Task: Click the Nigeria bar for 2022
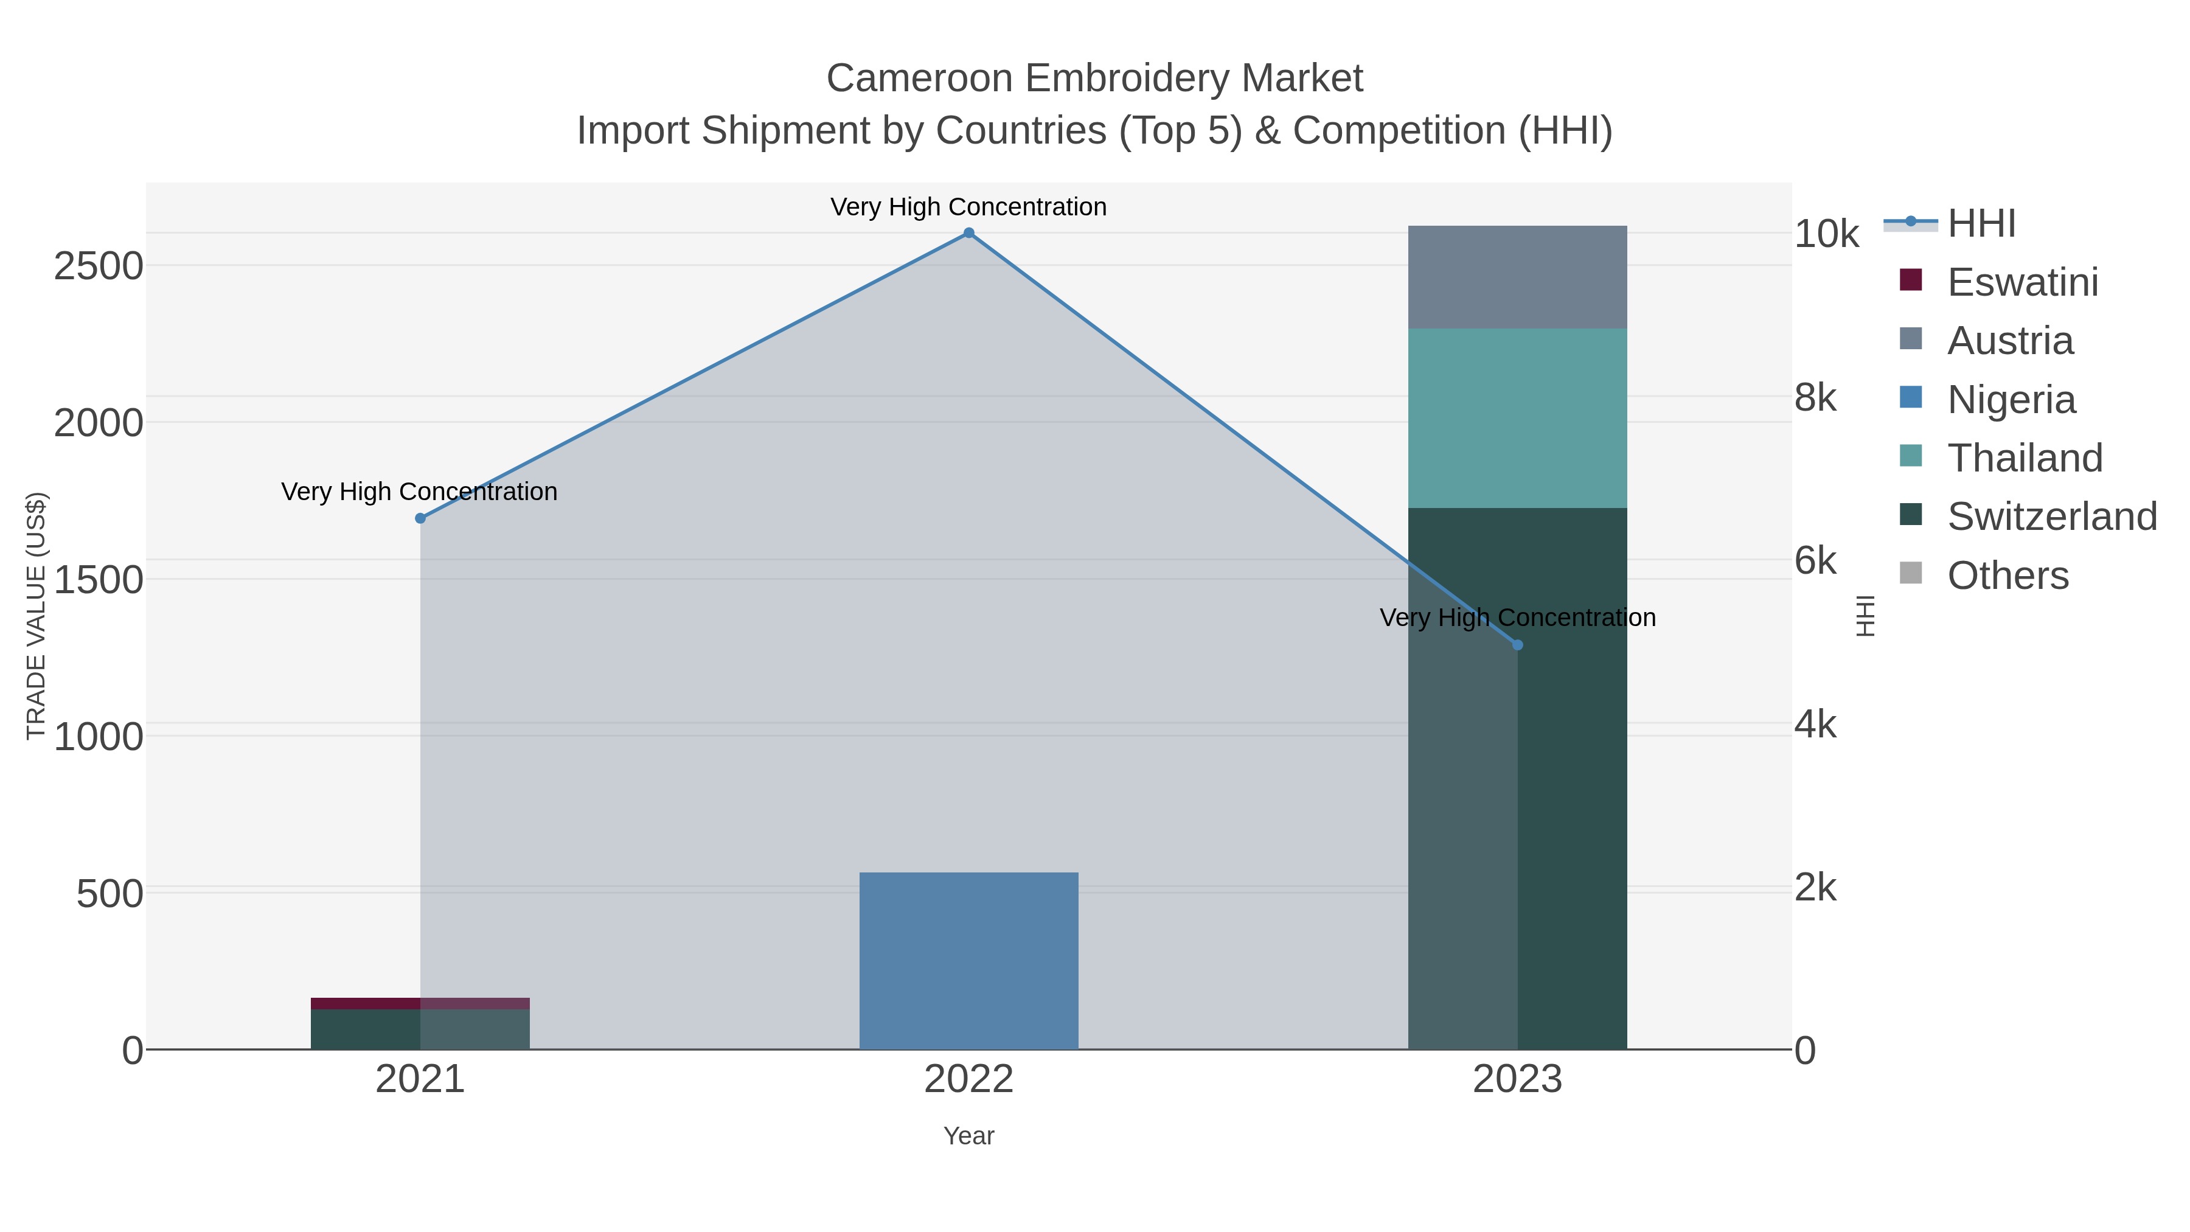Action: tap(968, 961)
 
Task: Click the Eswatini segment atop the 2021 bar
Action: tap(366, 1003)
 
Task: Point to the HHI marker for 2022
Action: tap(968, 233)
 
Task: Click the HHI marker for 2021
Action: tap(420, 518)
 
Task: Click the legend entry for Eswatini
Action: tap(2021, 282)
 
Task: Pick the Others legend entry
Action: tap(2006, 576)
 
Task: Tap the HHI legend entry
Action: tap(1981, 224)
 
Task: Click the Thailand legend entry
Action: tap(2023, 458)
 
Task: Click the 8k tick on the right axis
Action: tap(1815, 398)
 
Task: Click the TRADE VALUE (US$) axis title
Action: tap(36, 616)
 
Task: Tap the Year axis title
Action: tap(968, 1136)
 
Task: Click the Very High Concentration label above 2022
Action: tap(968, 207)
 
